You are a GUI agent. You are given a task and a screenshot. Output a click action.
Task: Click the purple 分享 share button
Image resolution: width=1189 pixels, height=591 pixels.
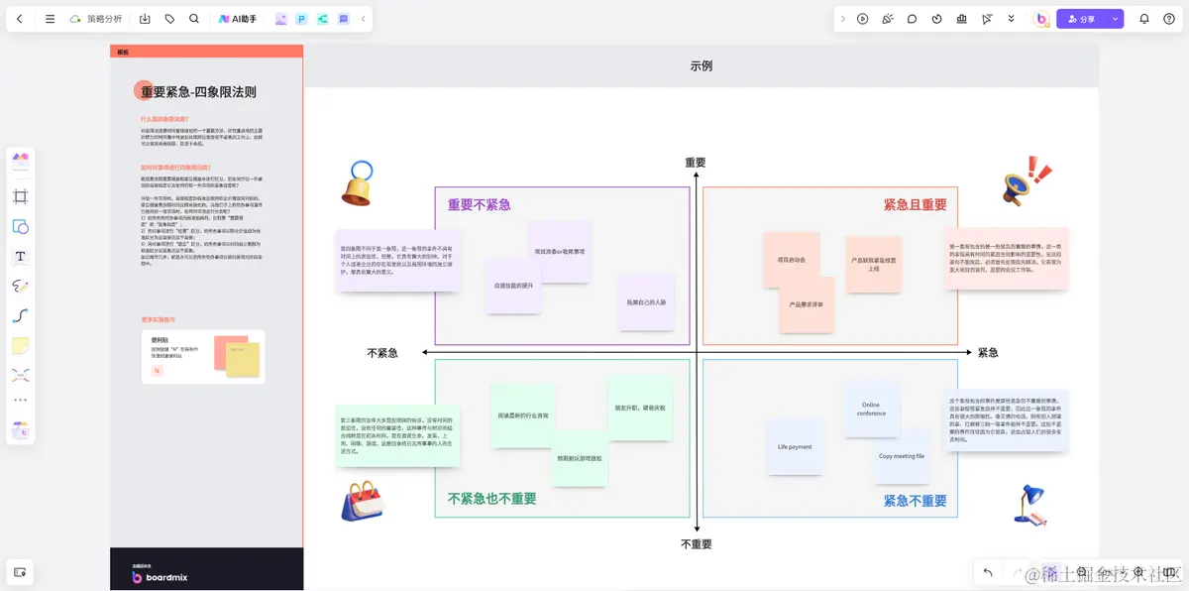pyautogui.click(x=1081, y=19)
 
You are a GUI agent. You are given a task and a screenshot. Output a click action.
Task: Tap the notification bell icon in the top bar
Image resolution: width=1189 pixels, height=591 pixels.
pyautogui.click(x=1144, y=19)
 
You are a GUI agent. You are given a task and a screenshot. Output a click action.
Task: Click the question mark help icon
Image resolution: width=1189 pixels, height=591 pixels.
pyautogui.click(x=1169, y=19)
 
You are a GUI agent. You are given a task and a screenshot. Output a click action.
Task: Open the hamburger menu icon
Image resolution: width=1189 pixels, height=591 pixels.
pyautogui.click(x=50, y=19)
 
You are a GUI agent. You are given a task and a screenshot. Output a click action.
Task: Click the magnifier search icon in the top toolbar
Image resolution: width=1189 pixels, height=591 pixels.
pyautogui.click(x=194, y=19)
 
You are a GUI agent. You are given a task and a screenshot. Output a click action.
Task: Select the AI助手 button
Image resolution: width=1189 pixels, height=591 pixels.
pyautogui.click(x=237, y=19)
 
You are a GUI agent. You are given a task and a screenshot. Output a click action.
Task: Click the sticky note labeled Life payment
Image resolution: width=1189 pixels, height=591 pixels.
pyautogui.click(x=795, y=447)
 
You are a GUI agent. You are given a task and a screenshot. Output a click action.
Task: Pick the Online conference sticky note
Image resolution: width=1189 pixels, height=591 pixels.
pyautogui.click(x=871, y=409)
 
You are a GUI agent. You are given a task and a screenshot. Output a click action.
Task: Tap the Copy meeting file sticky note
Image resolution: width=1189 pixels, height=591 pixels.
pyautogui.click(x=902, y=456)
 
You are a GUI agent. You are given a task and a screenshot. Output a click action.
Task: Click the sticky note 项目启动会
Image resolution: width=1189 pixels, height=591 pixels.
pyautogui.click(x=791, y=260)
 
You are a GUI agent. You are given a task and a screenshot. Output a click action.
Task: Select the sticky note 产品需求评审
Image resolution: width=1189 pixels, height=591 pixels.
pyautogui.click(x=806, y=304)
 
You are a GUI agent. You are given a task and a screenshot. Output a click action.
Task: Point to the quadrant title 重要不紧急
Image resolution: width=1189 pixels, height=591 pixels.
pyautogui.click(x=479, y=204)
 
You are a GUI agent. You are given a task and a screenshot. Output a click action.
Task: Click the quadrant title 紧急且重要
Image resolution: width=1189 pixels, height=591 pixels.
pyautogui.click(x=915, y=205)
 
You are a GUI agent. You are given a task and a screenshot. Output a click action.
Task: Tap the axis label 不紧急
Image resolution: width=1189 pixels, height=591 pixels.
pyautogui.click(x=382, y=353)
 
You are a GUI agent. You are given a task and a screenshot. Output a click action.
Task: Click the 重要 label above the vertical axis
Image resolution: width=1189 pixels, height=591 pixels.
pyautogui.click(x=696, y=163)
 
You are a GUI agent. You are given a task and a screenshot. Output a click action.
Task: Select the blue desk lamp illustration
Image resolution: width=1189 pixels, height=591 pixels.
pyautogui.click(x=1029, y=503)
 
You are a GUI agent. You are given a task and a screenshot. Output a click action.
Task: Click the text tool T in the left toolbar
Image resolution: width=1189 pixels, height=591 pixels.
pyautogui.click(x=20, y=257)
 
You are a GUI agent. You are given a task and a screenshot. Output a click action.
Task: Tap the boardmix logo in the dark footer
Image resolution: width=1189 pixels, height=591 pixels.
pyautogui.click(x=160, y=577)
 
